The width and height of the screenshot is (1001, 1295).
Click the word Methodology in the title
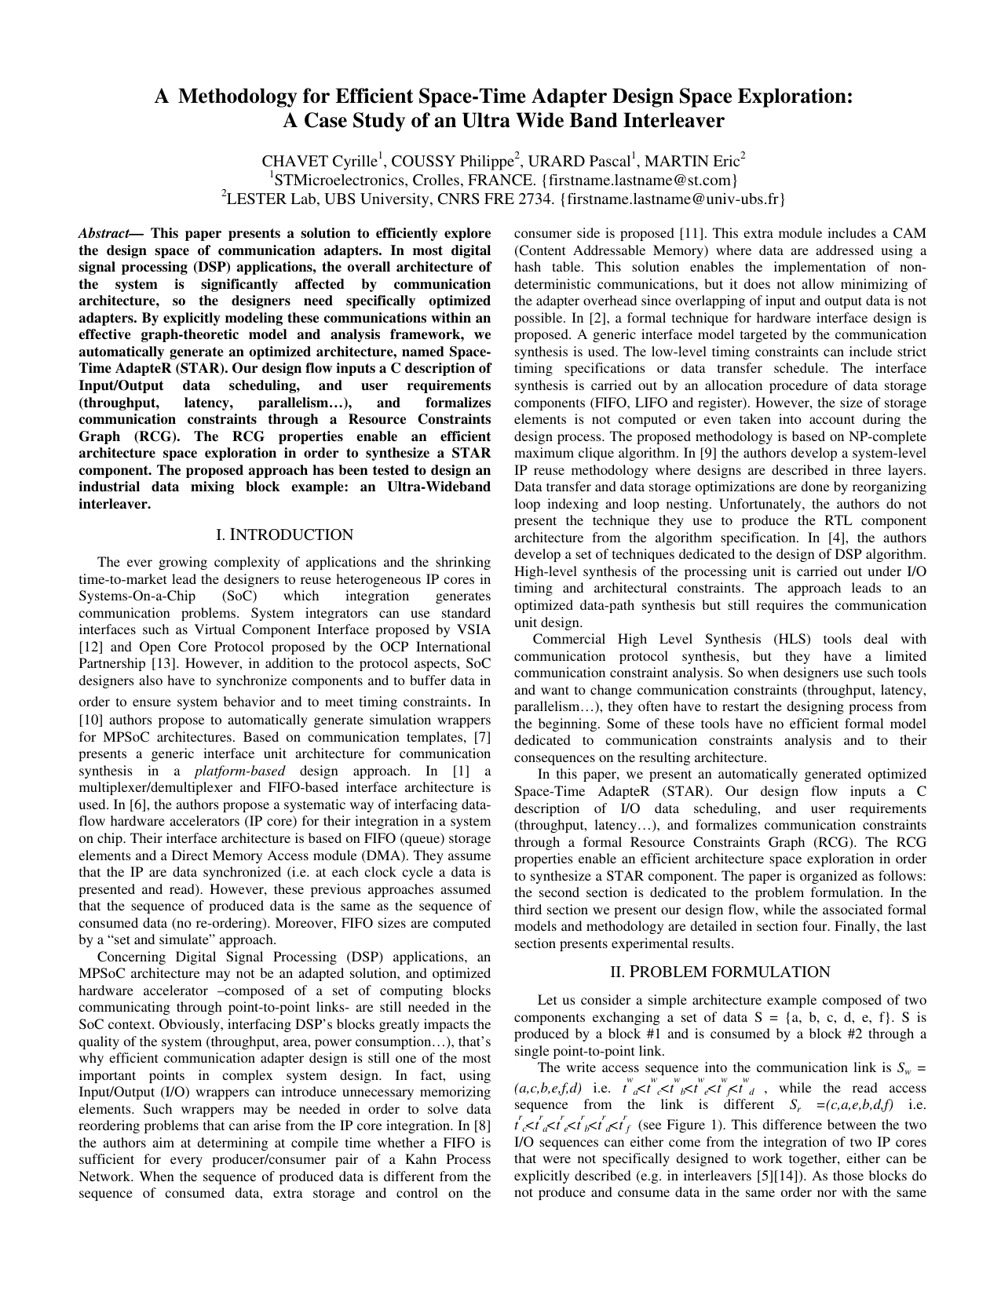253,97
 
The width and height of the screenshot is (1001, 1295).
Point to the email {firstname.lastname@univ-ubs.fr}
672,199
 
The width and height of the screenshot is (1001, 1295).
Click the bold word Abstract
103,234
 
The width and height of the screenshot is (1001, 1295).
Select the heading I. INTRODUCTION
284,535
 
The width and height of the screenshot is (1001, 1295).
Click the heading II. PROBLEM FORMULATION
720,972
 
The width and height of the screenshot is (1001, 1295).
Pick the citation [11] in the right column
692,234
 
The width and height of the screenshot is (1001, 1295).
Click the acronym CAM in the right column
912,234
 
